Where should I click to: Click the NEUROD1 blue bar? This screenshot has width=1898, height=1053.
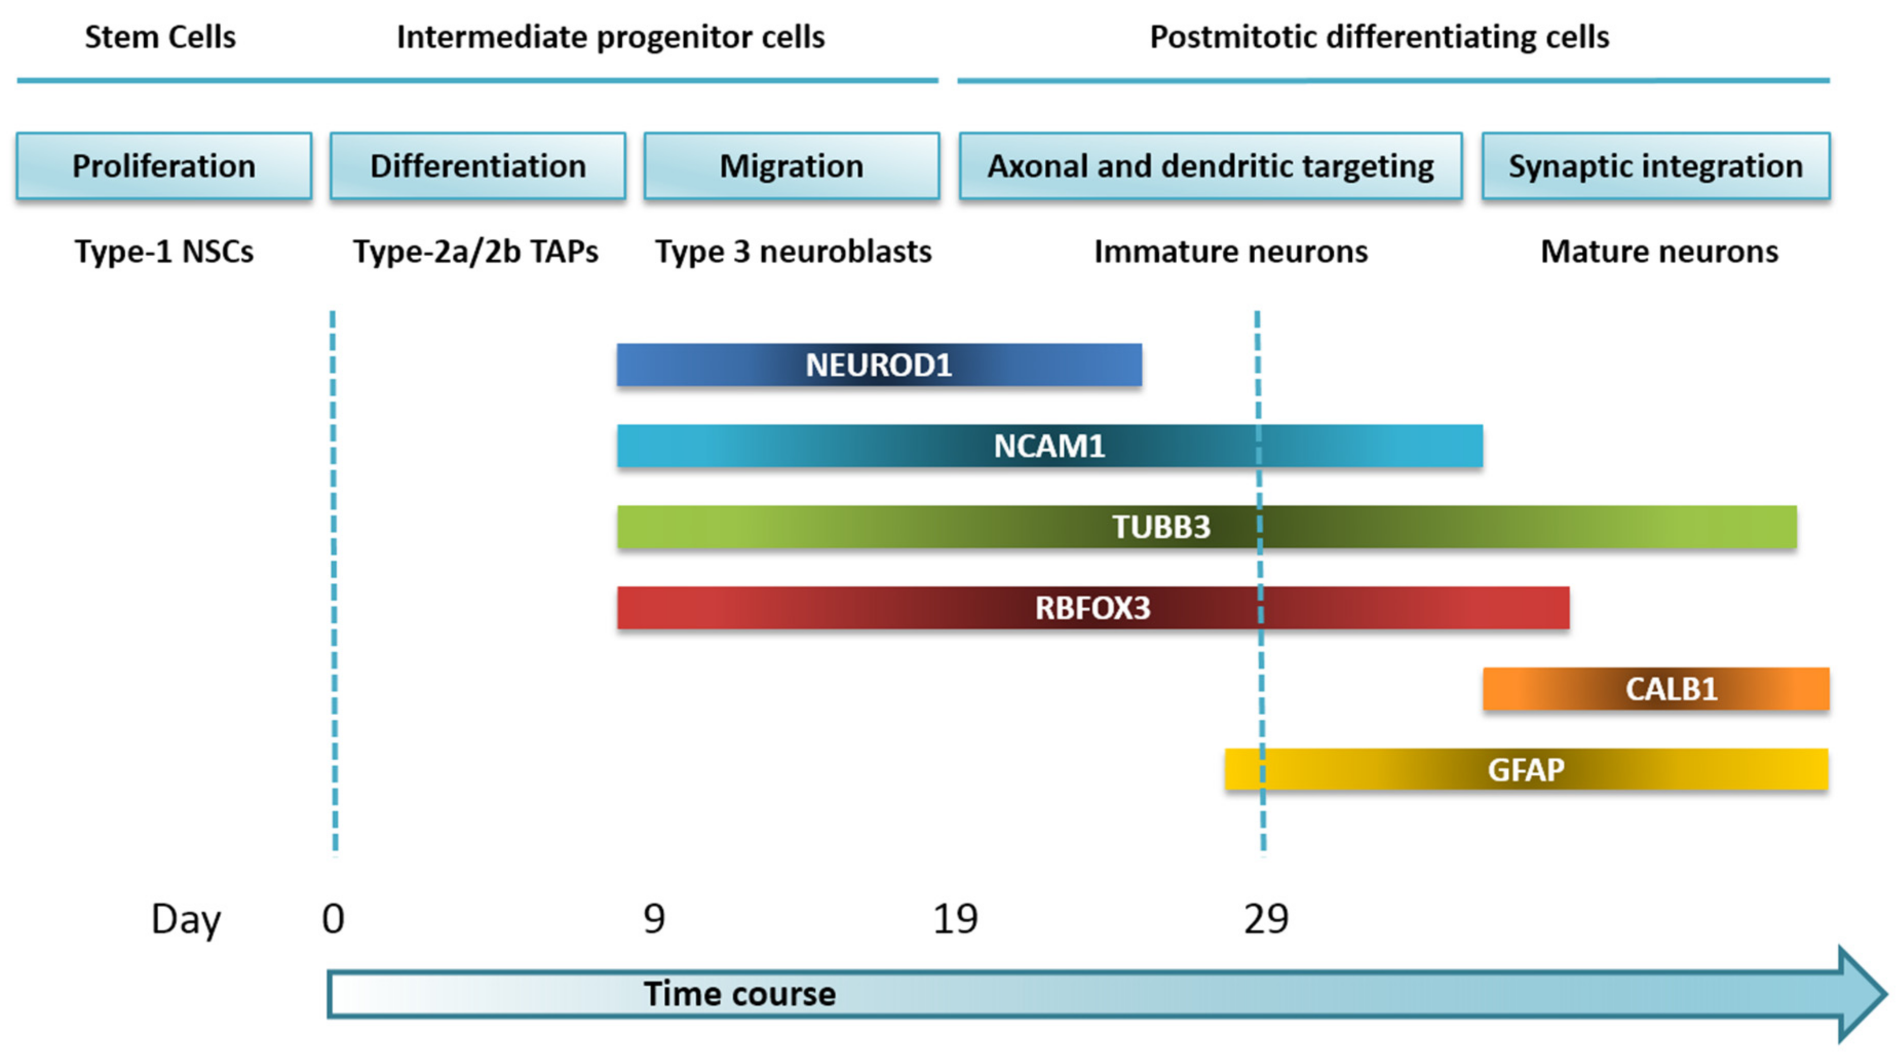(879, 365)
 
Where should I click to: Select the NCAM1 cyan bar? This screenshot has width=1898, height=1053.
(1049, 446)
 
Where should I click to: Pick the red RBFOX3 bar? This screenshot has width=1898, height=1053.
(1092, 608)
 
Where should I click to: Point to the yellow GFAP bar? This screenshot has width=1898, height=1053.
(1526, 769)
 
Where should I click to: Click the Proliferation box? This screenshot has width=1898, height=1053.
(164, 166)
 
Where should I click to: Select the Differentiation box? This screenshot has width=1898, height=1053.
(477, 166)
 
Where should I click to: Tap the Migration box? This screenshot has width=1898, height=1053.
(791, 166)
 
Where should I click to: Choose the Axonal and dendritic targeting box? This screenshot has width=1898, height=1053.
(1210, 166)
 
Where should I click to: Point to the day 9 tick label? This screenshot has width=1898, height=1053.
(654, 919)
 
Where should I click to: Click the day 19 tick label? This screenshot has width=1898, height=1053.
(955, 919)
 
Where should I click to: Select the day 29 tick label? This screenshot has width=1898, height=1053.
(1266, 919)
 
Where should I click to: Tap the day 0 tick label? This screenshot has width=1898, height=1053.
(333, 919)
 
